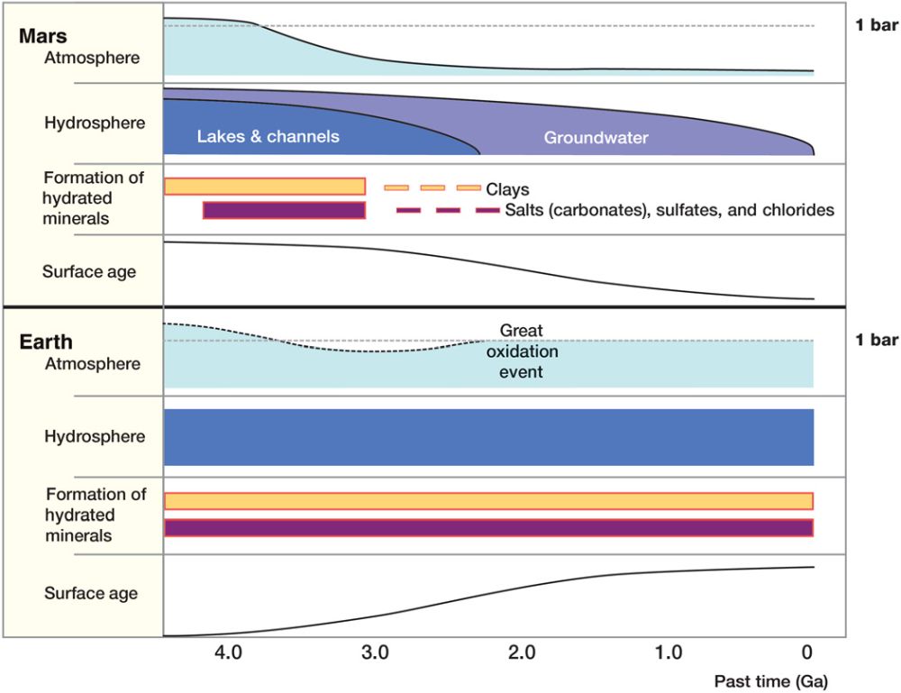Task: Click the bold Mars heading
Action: click(42, 38)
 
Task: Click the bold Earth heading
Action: click(47, 342)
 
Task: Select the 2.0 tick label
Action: click(522, 652)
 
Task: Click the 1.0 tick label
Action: click(668, 652)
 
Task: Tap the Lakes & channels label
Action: click(268, 137)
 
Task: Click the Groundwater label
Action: click(596, 138)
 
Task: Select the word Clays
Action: click(507, 190)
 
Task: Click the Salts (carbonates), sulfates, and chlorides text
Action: click(669, 210)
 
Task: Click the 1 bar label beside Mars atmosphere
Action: click(876, 24)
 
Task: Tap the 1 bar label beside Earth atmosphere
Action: click(876, 340)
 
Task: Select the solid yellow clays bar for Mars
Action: click(265, 187)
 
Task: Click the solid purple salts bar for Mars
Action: click(284, 210)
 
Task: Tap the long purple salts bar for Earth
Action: click(488, 528)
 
